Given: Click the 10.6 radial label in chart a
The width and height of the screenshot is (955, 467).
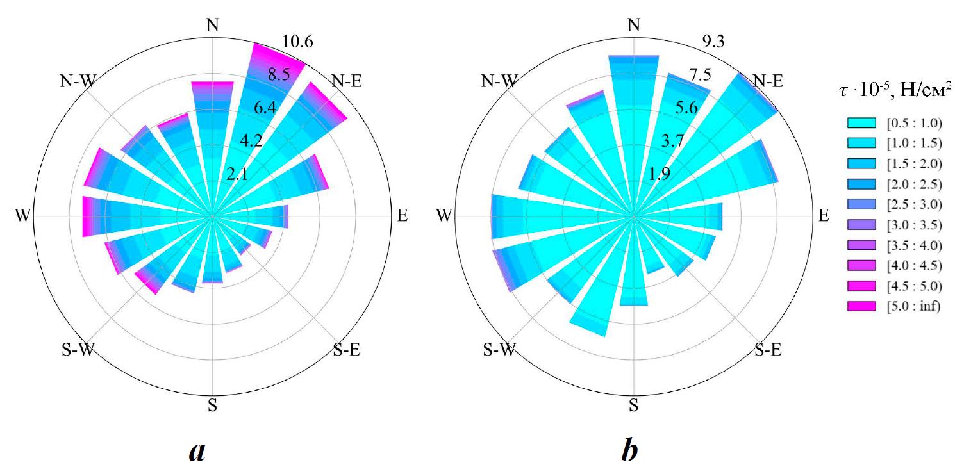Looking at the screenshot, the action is [x=297, y=42].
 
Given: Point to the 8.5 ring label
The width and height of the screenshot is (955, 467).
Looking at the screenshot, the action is [x=279, y=74].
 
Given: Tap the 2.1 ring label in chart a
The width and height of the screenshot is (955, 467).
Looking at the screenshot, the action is [x=237, y=174].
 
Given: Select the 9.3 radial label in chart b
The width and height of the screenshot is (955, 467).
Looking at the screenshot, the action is [x=714, y=42].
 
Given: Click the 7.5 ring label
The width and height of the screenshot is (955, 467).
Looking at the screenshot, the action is [x=701, y=75].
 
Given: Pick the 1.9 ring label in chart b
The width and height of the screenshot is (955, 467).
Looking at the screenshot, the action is [x=660, y=174].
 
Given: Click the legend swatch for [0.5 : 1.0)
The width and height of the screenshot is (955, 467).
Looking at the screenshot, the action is [x=861, y=123].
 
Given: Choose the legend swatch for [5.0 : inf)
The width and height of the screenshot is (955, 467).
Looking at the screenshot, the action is [x=861, y=306].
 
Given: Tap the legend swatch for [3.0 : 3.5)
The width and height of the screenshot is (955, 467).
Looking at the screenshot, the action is [x=861, y=225].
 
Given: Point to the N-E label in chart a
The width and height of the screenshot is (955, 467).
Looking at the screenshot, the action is [x=347, y=81].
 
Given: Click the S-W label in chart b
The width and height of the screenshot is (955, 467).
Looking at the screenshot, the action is [x=499, y=350].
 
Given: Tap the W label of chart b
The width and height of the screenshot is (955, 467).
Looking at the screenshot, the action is [x=444, y=215].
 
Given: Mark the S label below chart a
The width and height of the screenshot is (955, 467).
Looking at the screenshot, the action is [x=212, y=406].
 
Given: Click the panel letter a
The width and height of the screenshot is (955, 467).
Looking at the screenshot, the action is [x=197, y=452].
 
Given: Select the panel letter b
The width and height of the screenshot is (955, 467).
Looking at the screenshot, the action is [x=629, y=450].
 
